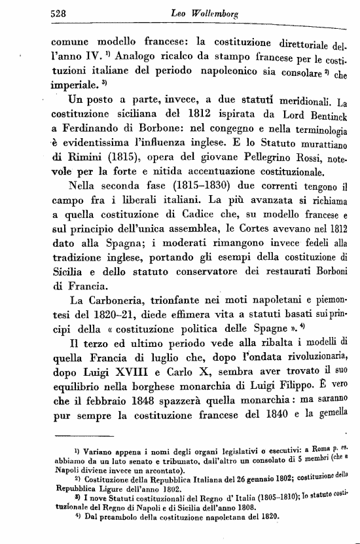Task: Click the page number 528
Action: [x=61, y=13]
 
